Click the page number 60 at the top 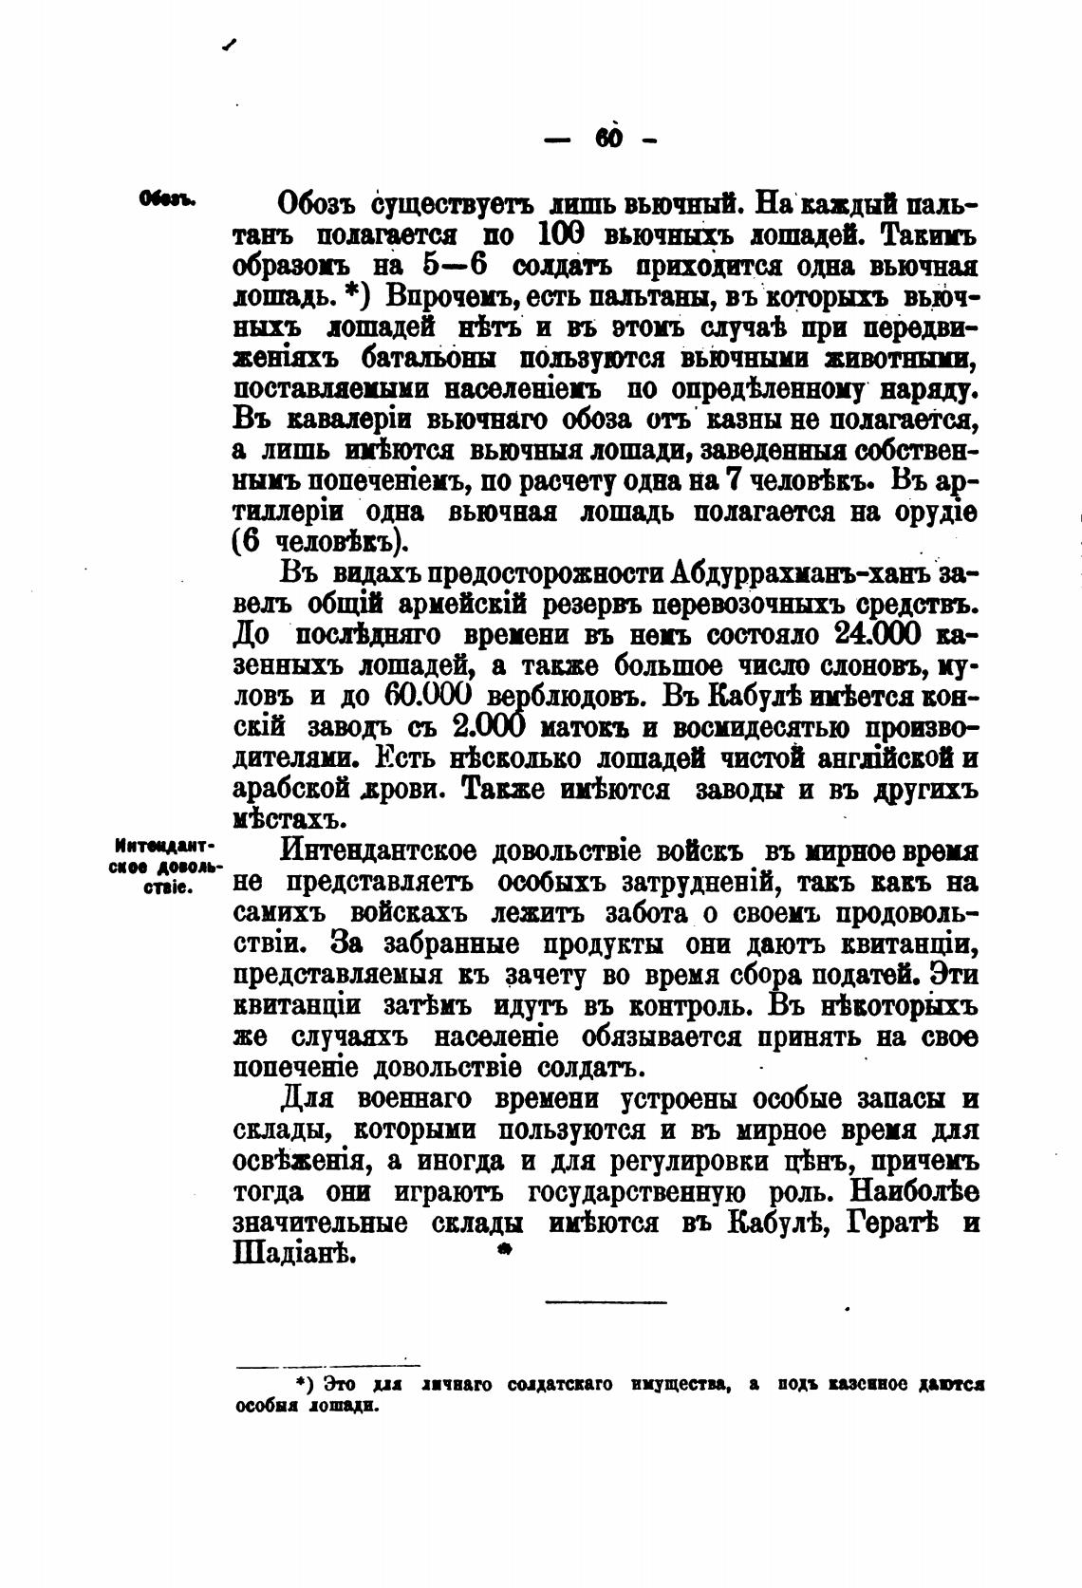608,139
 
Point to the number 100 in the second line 565,234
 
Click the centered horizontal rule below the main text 606,1301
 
